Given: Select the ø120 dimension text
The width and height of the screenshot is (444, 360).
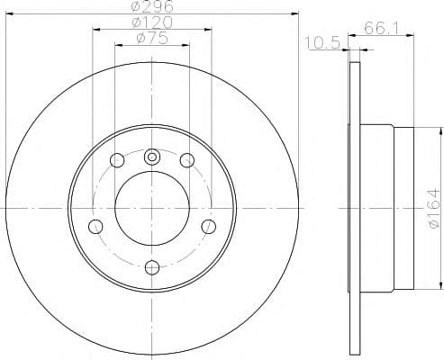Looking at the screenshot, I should (150, 22).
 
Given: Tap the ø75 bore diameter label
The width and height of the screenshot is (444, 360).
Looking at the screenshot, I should (150, 38).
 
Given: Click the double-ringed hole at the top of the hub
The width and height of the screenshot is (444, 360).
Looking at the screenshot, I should (151, 155).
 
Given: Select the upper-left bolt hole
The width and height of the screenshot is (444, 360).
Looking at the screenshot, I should (116, 160).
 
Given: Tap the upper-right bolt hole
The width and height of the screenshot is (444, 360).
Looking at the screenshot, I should (186, 160).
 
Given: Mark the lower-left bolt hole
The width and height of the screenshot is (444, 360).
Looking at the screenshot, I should (95, 225).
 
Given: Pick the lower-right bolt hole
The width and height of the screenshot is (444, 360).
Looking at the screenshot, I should (207, 225).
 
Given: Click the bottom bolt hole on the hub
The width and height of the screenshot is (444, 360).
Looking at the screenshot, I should (151, 265).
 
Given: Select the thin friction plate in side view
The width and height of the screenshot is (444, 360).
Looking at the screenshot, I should (352, 209).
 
